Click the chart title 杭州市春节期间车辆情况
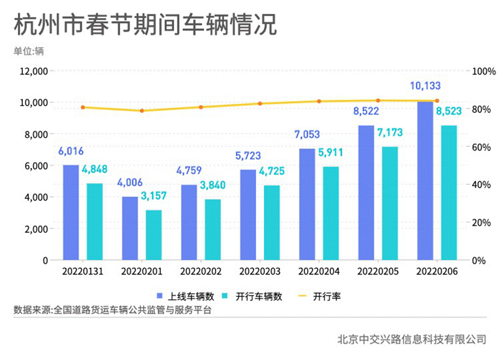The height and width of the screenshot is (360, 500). coord(145,25)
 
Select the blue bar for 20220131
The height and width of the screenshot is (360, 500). coord(71,212)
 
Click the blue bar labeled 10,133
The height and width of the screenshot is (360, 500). coord(425,181)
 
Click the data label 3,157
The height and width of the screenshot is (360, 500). coord(154,196)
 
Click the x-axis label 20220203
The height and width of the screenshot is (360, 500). coord(260,273)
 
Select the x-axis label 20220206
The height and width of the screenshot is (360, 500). coord(437,273)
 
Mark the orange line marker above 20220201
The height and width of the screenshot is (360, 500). coord(142,111)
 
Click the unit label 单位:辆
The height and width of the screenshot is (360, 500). coord(29,51)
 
